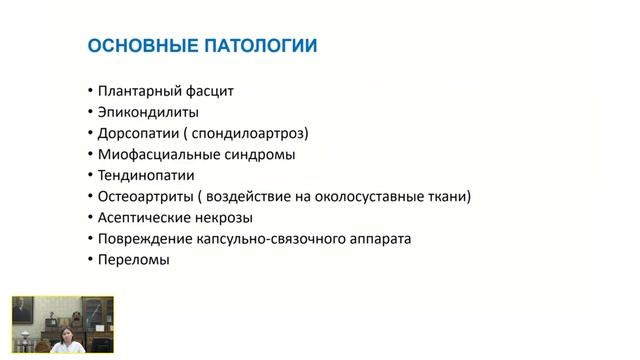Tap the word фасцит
pyautogui.click(x=208, y=91)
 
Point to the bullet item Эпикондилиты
pyautogui.click(x=148, y=112)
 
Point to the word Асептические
pyautogui.click(x=144, y=217)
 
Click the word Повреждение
pyautogui.click(x=144, y=239)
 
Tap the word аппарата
pyautogui.click(x=376, y=239)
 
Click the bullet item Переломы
pyautogui.click(x=134, y=260)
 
